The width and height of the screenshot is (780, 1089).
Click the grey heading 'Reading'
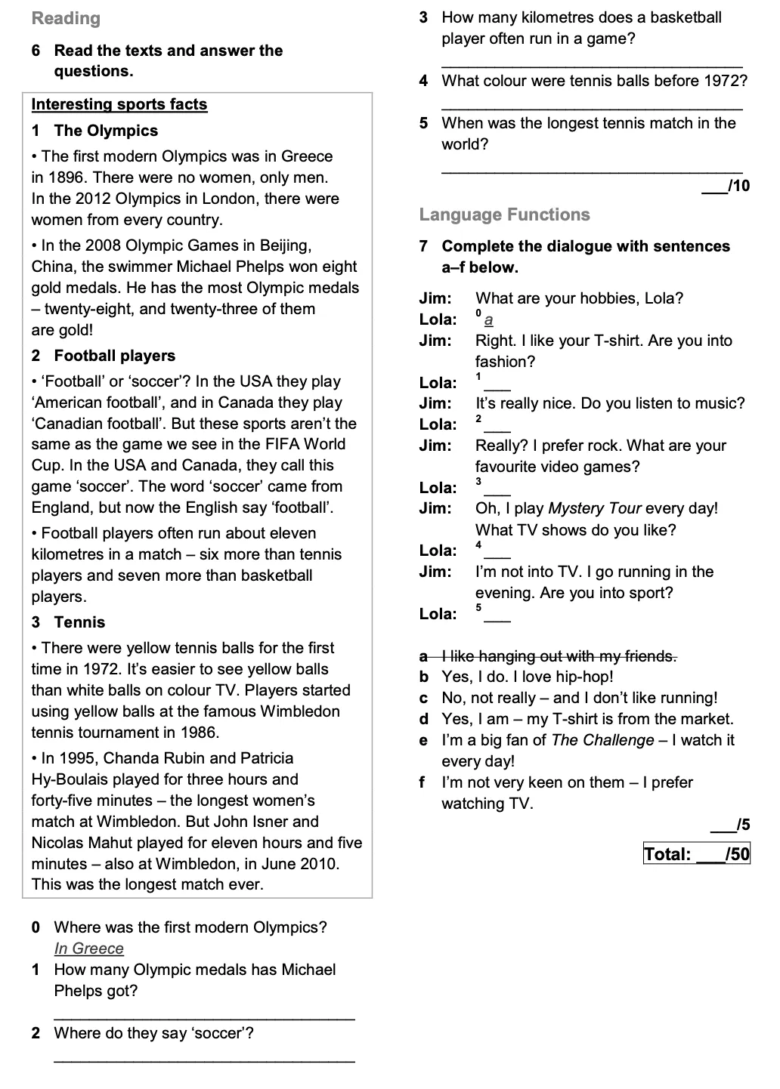[x=66, y=18]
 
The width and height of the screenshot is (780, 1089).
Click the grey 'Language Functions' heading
[x=504, y=215]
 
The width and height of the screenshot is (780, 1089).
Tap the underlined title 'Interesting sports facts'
[x=119, y=104]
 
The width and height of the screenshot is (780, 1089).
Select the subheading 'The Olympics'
[x=106, y=131]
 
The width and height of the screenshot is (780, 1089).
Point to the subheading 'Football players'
[x=114, y=356]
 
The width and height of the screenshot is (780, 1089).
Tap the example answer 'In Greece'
[x=88, y=949]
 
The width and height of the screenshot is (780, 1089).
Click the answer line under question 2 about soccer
[x=204, y=1060]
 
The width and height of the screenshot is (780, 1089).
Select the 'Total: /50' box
[x=696, y=854]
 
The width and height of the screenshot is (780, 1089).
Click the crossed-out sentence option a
[x=558, y=656]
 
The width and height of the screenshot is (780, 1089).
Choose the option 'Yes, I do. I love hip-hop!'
[x=527, y=677]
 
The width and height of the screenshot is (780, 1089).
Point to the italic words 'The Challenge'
[x=602, y=740]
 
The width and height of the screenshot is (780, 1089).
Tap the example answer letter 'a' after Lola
[x=488, y=320]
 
